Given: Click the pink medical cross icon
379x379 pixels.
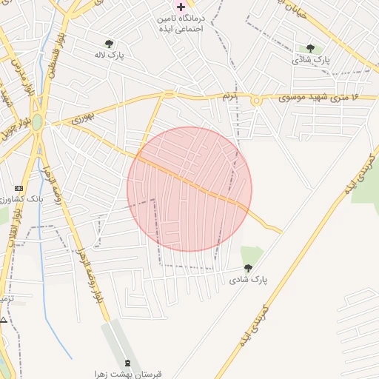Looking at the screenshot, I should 181,7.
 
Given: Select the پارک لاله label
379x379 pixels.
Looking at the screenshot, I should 110,55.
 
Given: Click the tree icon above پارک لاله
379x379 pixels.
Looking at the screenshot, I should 110,44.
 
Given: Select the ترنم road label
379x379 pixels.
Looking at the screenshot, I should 231,97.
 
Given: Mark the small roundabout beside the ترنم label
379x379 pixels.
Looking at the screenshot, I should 256,101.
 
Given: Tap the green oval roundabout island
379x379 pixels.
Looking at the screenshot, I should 37,121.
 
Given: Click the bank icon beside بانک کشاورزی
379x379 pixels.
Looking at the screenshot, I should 19,188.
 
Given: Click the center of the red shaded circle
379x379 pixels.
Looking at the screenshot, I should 189,189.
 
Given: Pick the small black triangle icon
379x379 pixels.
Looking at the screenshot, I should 4,320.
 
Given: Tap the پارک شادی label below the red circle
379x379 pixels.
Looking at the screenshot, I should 247,280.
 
